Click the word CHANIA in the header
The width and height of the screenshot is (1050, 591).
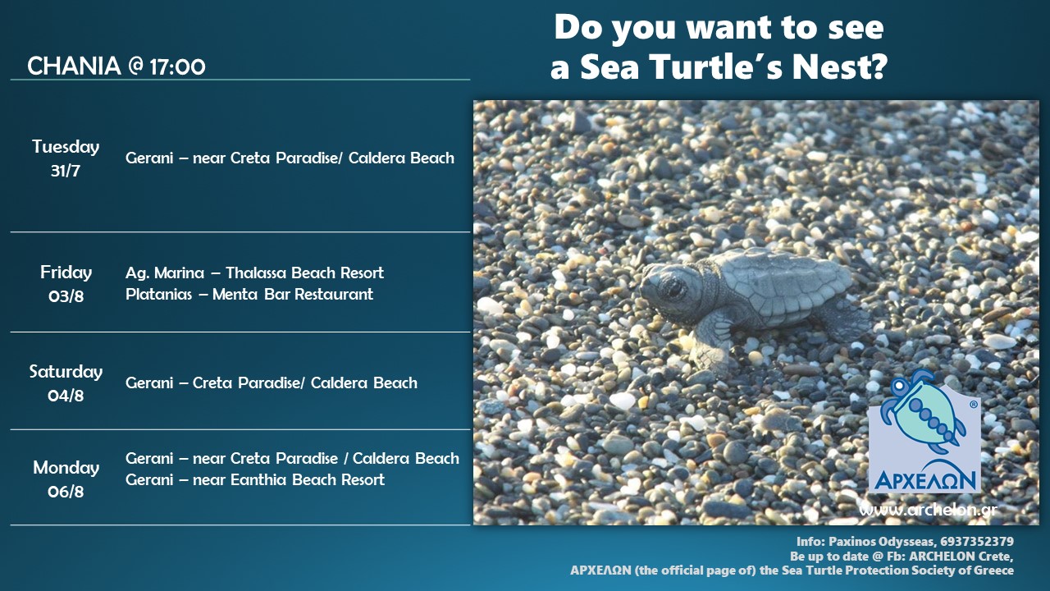pyautogui.click(x=74, y=66)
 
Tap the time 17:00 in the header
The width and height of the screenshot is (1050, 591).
pyautogui.click(x=178, y=67)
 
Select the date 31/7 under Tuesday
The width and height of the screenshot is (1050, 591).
pyautogui.click(x=66, y=171)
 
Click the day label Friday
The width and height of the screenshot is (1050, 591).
pyautogui.click(x=66, y=273)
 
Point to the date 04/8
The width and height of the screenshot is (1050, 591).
pyautogui.click(x=66, y=396)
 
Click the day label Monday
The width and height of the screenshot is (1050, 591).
pyautogui.click(x=66, y=468)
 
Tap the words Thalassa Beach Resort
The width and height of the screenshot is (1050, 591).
pyautogui.click(x=304, y=273)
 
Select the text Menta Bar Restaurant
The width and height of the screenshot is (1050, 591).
pyautogui.click(x=293, y=295)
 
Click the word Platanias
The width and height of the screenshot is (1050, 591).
pyautogui.click(x=159, y=295)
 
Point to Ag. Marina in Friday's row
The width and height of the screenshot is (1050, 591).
pyautogui.click(x=165, y=273)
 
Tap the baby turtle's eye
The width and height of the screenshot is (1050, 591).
pyautogui.click(x=673, y=286)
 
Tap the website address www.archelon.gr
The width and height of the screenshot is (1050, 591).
pyautogui.click(x=928, y=511)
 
